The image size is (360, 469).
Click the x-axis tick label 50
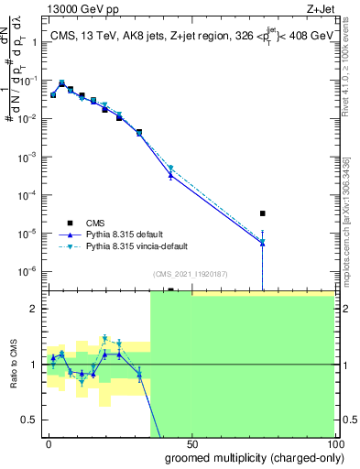pos(191,442)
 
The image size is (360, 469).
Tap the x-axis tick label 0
pos(49,442)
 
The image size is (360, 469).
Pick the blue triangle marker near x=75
pos(263,242)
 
